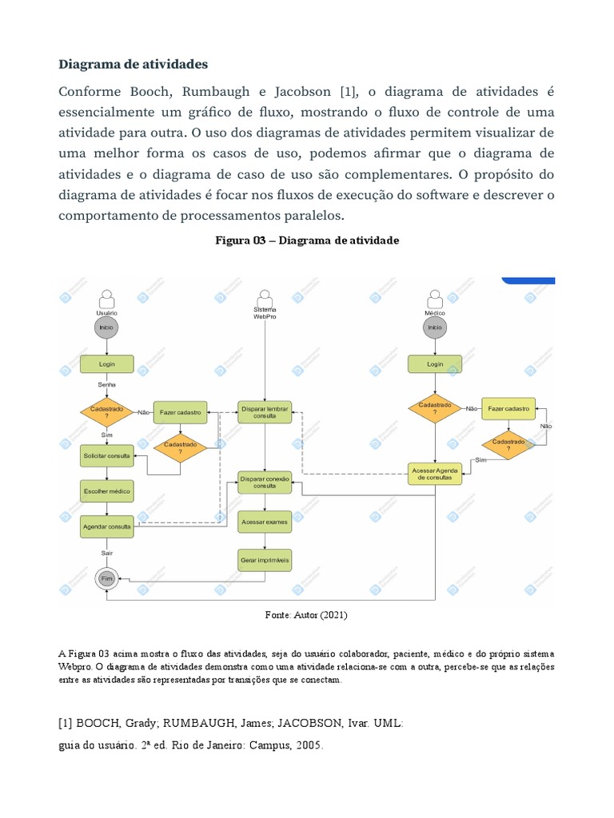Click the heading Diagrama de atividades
[133, 63]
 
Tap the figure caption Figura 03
[307, 240]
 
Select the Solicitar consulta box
[106, 456]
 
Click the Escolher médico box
[106, 490]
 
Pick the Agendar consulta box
[106, 527]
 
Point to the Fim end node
[106, 578]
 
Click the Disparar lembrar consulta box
[265, 412]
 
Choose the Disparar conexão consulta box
[265, 482]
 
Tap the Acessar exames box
[265, 522]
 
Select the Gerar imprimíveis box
[265, 561]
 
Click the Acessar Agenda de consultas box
[434, 474]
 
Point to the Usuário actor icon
[106, 300]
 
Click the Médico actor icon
[434, 300]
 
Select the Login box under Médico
[434, 363]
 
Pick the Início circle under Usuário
[106, 327]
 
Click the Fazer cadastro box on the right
[508, 408]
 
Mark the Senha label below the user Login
[106, 384]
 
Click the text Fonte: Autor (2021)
[306, 615]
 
